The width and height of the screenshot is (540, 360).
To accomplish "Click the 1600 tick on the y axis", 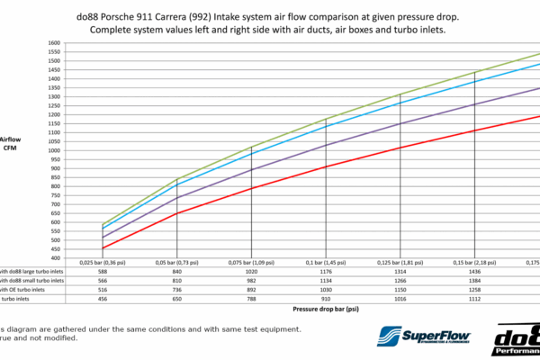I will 53,42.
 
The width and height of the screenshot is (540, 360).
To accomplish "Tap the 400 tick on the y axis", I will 55,258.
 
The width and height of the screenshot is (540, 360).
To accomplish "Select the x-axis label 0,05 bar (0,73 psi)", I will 177,262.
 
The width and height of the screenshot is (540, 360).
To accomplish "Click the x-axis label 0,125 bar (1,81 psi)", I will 399,262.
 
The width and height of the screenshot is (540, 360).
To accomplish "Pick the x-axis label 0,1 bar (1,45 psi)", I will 325,262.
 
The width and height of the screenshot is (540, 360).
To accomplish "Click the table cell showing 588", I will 102,271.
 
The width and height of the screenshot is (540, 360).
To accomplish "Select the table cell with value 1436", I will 472,271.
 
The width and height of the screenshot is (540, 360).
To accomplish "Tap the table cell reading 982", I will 251,280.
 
